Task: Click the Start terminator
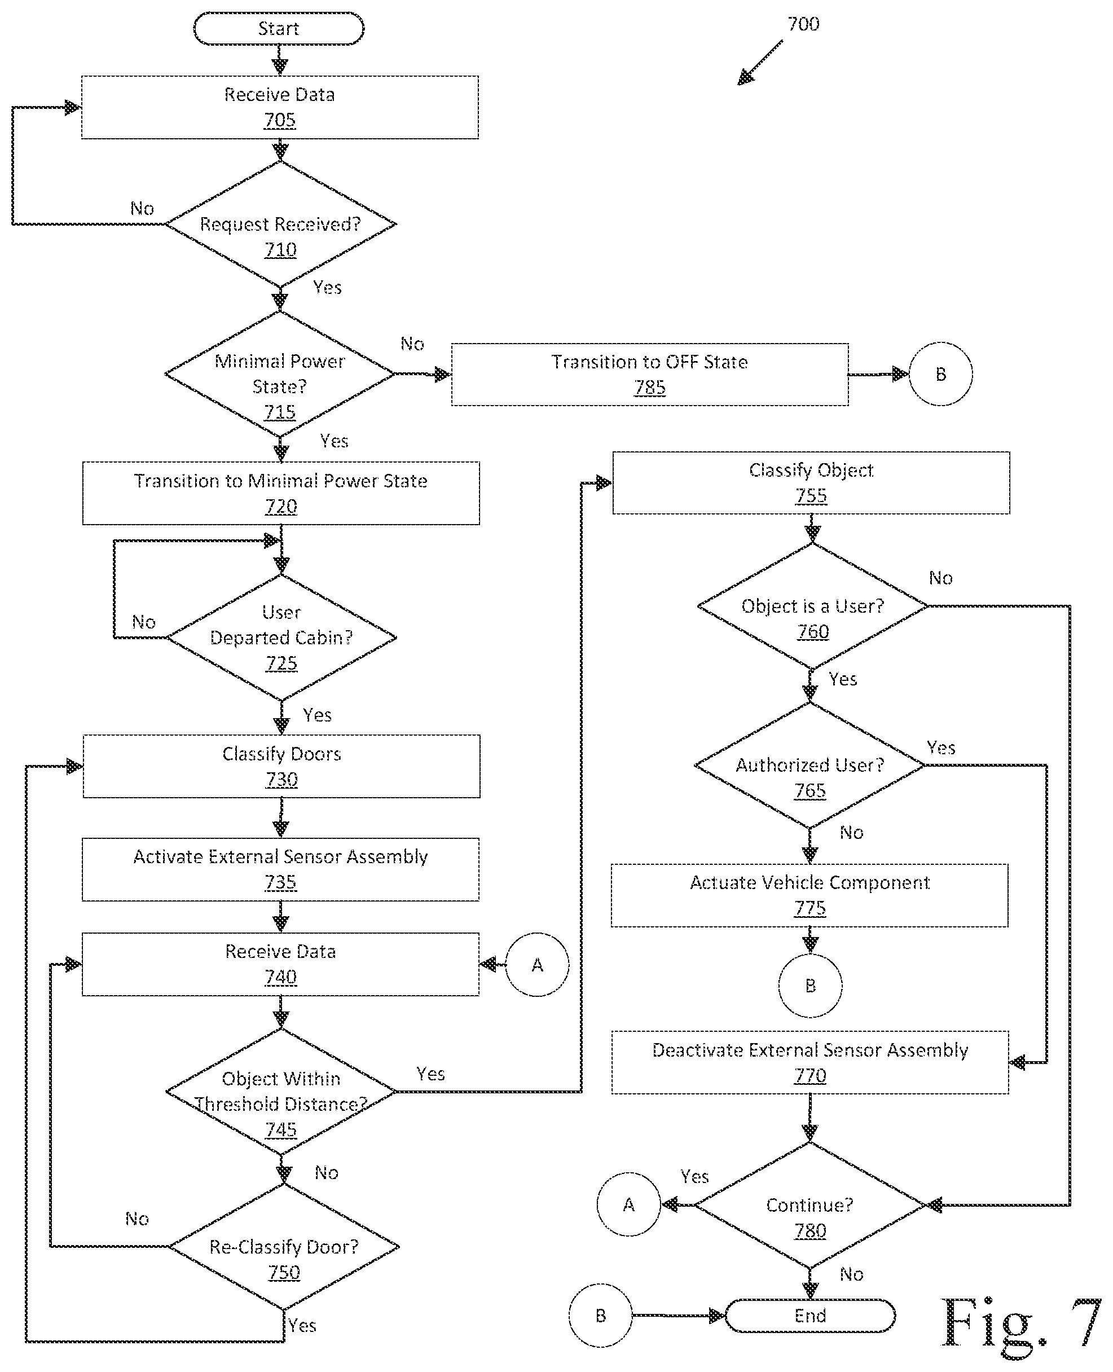pos(279,28)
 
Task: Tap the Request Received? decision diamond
pos(280,225)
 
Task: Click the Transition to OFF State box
pos(649,375)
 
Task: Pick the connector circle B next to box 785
pos(940,374)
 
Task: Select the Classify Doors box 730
pos(281,766)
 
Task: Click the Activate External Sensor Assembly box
pos(280,869)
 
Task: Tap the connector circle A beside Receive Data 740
pos(537,964)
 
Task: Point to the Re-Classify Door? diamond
pos(283,1246)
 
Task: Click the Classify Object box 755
pos(811,483)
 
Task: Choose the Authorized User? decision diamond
pos(810,765)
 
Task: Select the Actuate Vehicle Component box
pos(810,896)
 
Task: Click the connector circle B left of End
pos(600,1316)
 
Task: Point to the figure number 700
pos(803,24)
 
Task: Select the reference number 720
pos(281,507)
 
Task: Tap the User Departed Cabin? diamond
pos(281,637)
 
